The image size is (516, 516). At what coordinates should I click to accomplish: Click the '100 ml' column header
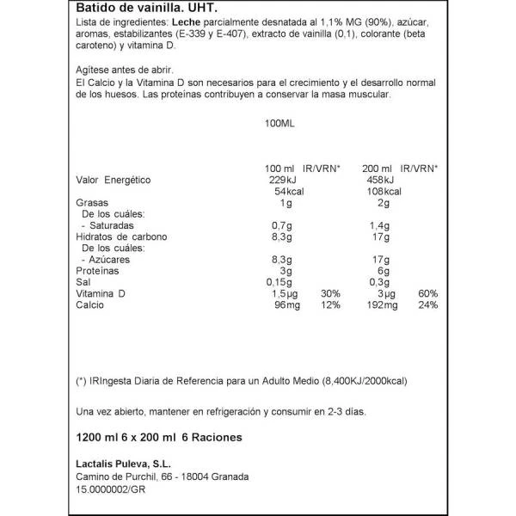[x=278, y=169]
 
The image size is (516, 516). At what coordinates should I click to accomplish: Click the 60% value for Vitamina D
[x=428, y=294]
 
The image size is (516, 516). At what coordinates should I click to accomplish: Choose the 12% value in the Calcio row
[x=330, y=305]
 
